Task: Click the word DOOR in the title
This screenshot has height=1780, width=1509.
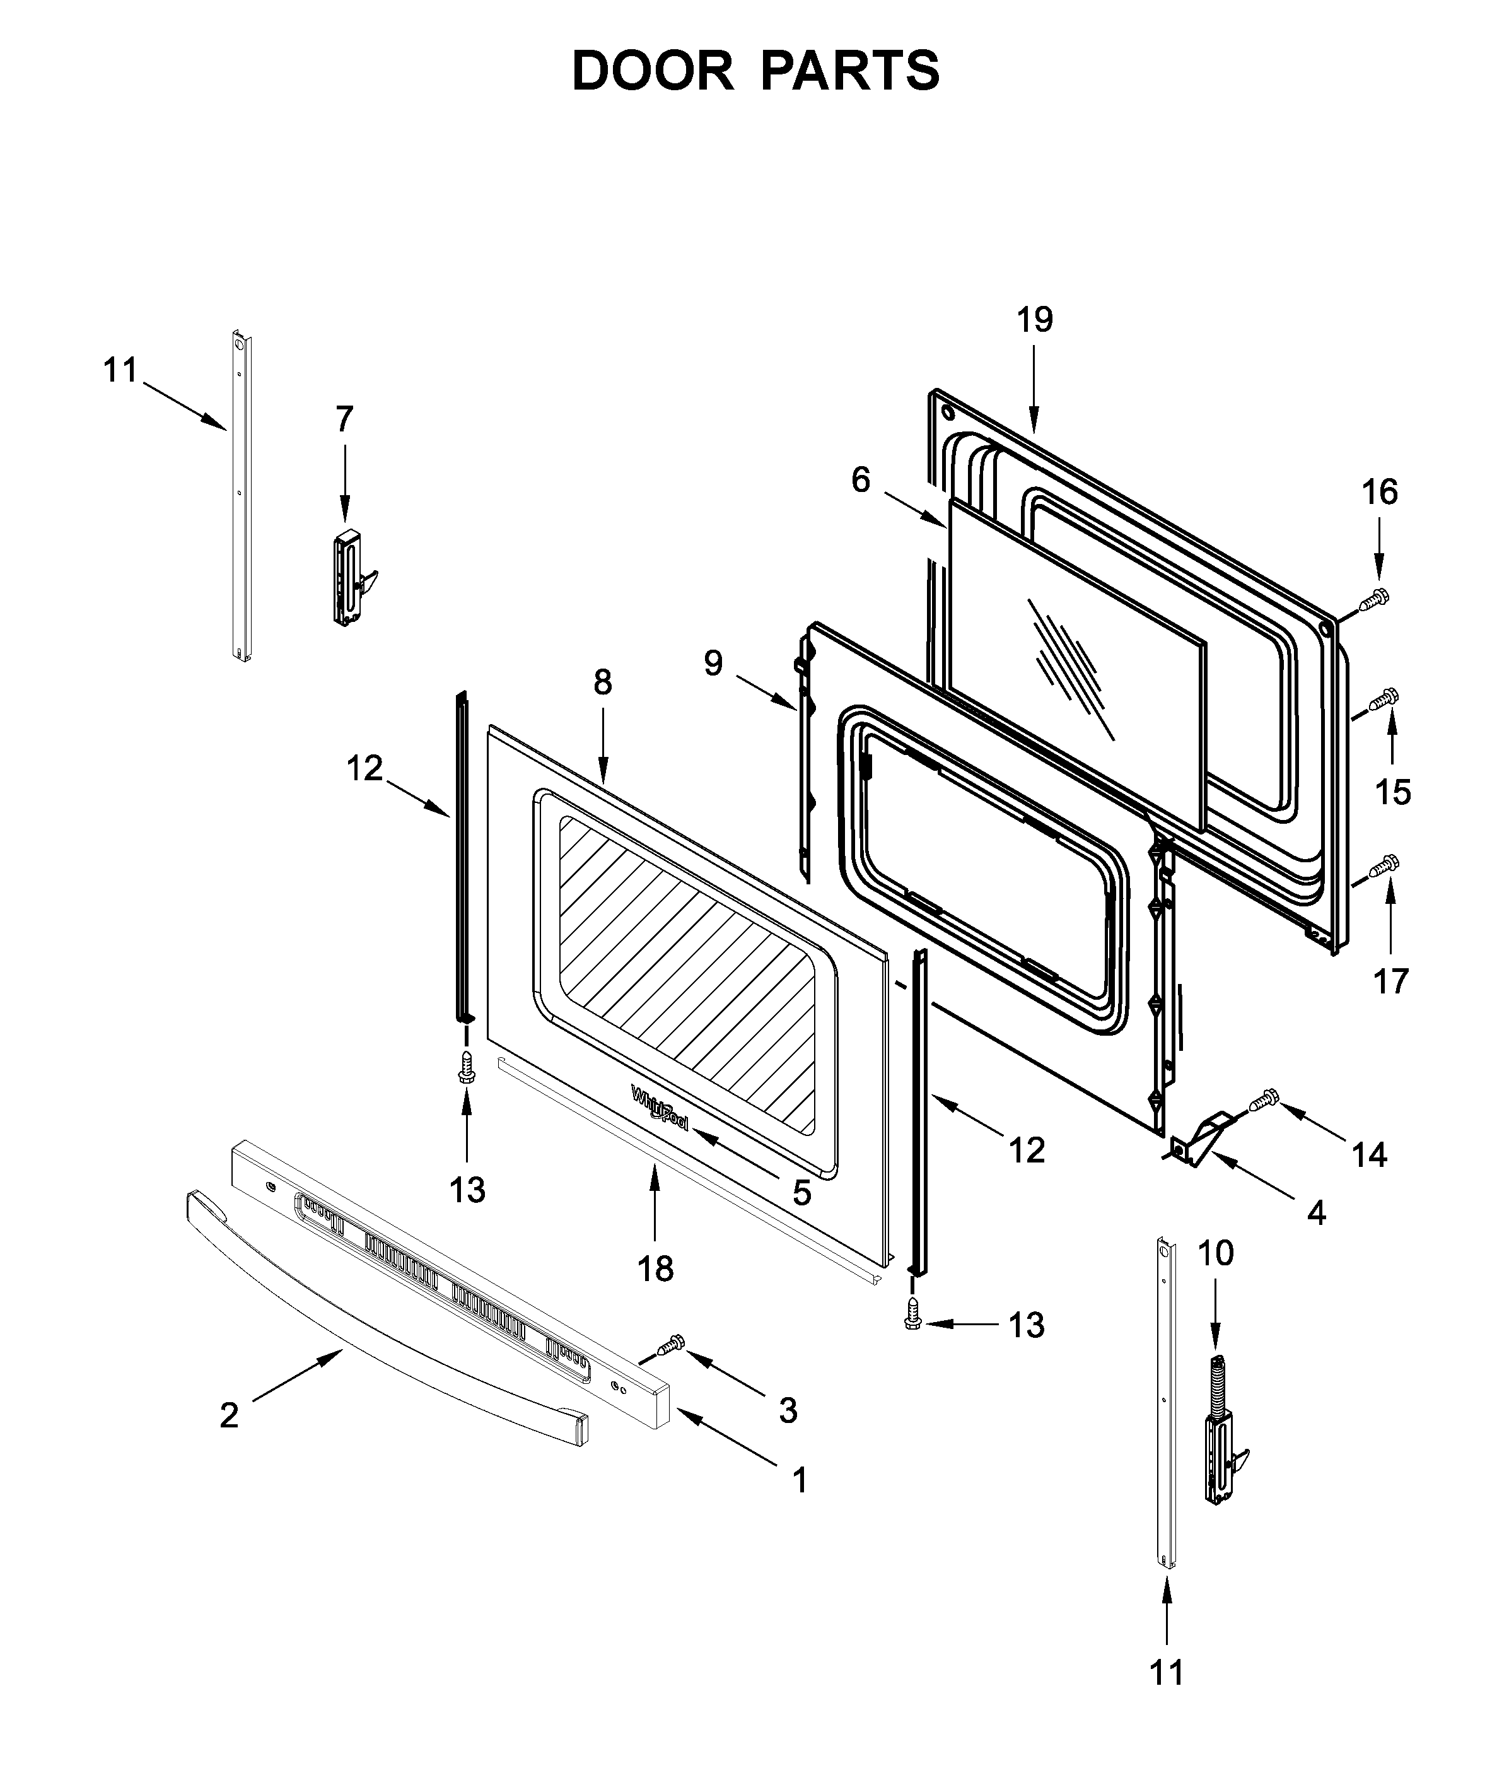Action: point(653,71)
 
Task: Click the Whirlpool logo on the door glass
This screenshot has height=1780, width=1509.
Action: point(659,1108)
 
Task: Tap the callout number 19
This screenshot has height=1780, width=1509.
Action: point(1034,320)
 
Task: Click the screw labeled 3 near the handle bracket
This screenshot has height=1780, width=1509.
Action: point(671,1345)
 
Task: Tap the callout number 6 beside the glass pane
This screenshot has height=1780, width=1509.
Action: point(861,480)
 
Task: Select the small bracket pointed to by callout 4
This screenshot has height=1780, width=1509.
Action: point(1202,1142)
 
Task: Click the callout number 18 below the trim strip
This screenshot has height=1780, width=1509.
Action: point(655,1269)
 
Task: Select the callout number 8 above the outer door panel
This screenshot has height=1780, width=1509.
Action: point(602,682)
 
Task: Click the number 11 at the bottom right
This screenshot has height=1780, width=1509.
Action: point(1167,1672)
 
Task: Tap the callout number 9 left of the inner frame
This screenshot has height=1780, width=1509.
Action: point(713,663)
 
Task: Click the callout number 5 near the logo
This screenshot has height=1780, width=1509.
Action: point(801,1193)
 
